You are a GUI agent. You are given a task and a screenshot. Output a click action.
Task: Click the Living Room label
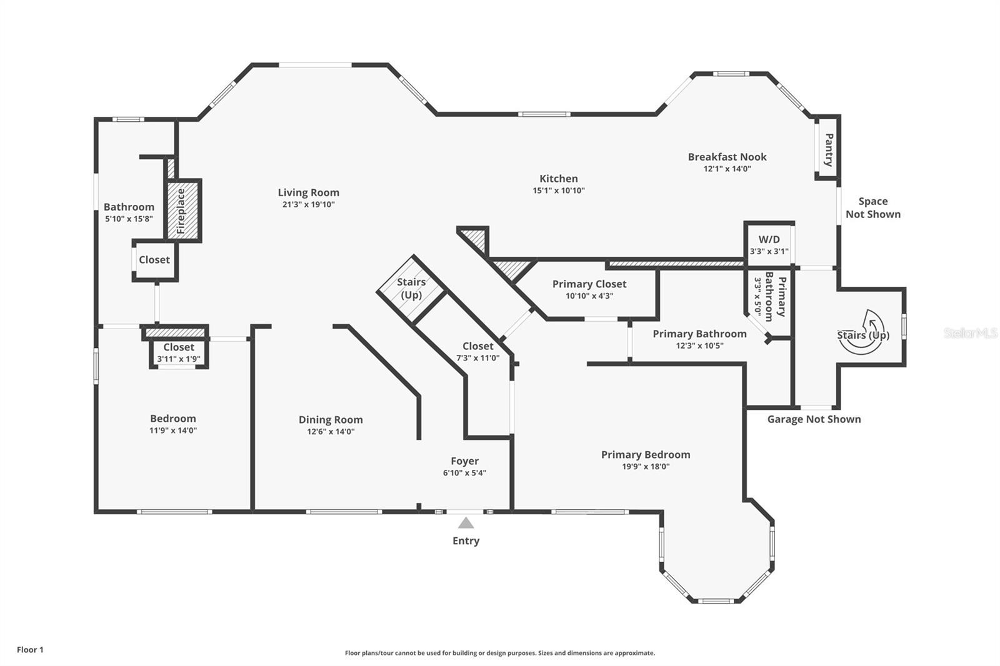[309, 192]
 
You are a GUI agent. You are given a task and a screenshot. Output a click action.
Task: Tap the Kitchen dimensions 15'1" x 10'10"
[559, 191]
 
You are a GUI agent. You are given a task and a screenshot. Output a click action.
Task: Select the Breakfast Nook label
[727, 157]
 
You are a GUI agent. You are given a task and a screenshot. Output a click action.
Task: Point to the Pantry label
[829, 150]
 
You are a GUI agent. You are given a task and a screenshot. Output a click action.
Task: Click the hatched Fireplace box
[184, 211]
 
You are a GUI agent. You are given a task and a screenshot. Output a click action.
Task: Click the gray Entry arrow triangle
[466, 523]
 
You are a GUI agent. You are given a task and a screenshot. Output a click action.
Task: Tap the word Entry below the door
[466, 540]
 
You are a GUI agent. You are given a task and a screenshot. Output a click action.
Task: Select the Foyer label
[464, 460]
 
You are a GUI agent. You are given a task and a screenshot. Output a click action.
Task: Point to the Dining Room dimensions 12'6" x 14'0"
[331, 432]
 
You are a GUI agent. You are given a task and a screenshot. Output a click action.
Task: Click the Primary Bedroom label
[646, 454]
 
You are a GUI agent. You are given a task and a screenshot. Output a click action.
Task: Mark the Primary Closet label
[589, 284]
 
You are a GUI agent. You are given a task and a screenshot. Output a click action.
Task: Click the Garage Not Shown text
[814, 419]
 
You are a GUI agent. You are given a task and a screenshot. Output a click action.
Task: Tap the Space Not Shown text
[872, 207]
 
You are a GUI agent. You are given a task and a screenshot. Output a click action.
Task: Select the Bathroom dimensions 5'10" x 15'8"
[129, 219]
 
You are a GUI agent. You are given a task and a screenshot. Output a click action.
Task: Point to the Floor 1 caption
[31, 650]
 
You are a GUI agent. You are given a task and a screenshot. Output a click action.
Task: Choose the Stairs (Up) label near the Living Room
[411, 289]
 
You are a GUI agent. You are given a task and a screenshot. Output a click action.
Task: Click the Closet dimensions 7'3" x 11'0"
[477, 358]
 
